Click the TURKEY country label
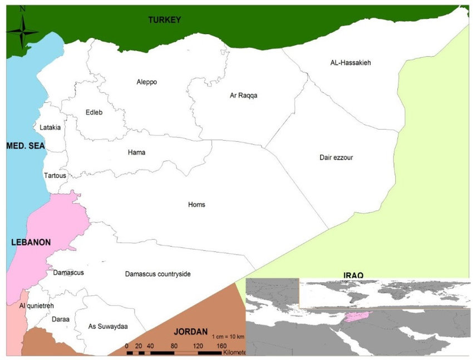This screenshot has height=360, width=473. coord(165,20)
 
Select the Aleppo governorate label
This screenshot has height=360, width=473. coord(147,82)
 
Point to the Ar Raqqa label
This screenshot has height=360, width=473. coord(243,95)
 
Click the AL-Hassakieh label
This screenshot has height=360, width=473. coord(350,63)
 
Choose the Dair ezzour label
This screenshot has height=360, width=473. coord(336,157)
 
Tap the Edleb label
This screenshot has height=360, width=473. coord(94,112)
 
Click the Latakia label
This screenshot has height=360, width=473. coord(50,127)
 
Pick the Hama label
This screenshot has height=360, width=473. coord(136,152)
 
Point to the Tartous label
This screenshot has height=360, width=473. coord(55,175)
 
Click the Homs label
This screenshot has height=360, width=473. coord(196,204)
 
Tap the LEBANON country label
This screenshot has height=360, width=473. coord(31,243)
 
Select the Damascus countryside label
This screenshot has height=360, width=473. coord(157,274)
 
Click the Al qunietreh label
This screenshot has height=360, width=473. coord(38,306)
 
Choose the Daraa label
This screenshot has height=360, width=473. coord(60,319)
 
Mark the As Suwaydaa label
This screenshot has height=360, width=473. coord(108,326)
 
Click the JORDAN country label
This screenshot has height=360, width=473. coord(190,331)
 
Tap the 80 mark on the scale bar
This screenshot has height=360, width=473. coord(175,346)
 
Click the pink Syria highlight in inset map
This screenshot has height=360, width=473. coord(357,317)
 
